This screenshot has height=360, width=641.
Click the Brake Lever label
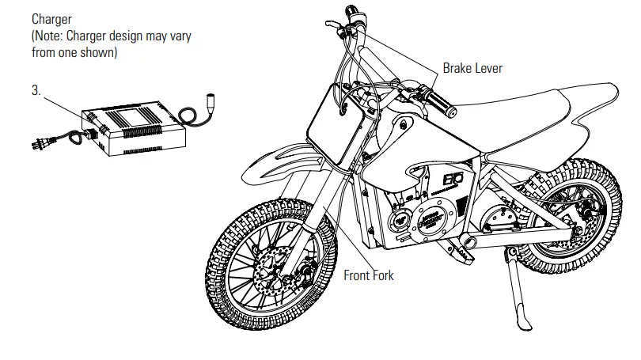point(472,68)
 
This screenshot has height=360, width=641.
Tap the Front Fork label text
point(368,275)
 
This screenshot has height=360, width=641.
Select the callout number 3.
point(36,90)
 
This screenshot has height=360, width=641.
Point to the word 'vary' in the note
point(181,36)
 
